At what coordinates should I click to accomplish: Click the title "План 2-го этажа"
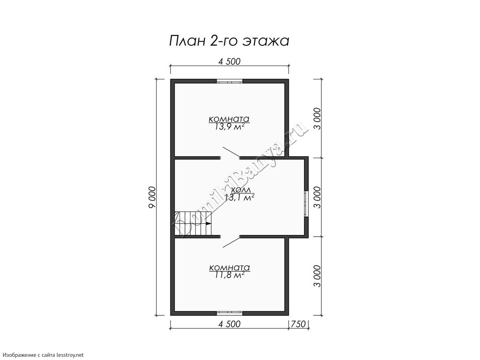[x=229, y=41]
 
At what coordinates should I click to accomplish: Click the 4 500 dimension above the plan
[x=229, y=62]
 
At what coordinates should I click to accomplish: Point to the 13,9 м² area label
[x=229, y=127]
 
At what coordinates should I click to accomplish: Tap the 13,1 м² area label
[x=240, y=198]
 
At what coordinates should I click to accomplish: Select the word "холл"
[x=240, y=190]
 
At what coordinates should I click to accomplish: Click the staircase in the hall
[x=193, y=223]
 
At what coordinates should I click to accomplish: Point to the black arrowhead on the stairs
[x=208, y=223]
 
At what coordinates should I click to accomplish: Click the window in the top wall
[x=229, y=81]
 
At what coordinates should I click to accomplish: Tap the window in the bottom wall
[x=229, y=313]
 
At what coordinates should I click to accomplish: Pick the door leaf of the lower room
[x=231, y=242]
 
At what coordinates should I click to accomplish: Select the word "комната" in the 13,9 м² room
[x=229, y=119]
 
